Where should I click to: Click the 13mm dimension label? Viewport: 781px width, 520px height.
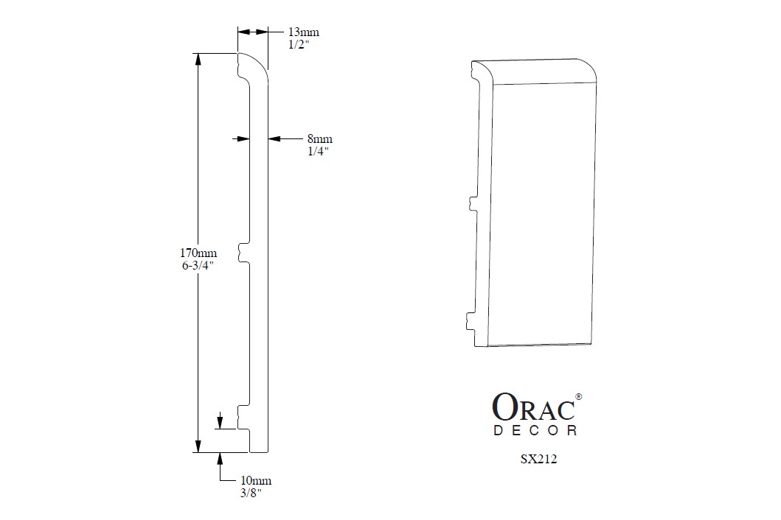[x=303, y=32]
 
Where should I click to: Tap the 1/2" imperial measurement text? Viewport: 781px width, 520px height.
[x=299, y=45]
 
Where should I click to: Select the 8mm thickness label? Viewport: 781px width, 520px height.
[x=320, y=138]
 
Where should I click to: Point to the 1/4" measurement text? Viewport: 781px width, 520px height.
[x=319, y=151]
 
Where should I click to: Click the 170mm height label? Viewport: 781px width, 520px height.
[x=198, y=253]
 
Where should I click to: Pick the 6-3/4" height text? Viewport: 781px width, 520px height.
[x=198, y=265]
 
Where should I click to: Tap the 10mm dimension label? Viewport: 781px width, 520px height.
[x=256, y=481]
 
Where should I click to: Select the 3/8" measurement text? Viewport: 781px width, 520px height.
[x=251, y=493]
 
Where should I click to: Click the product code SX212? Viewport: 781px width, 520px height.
[x=538, y=459]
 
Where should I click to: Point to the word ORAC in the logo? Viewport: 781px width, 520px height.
[x=533, y=407]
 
